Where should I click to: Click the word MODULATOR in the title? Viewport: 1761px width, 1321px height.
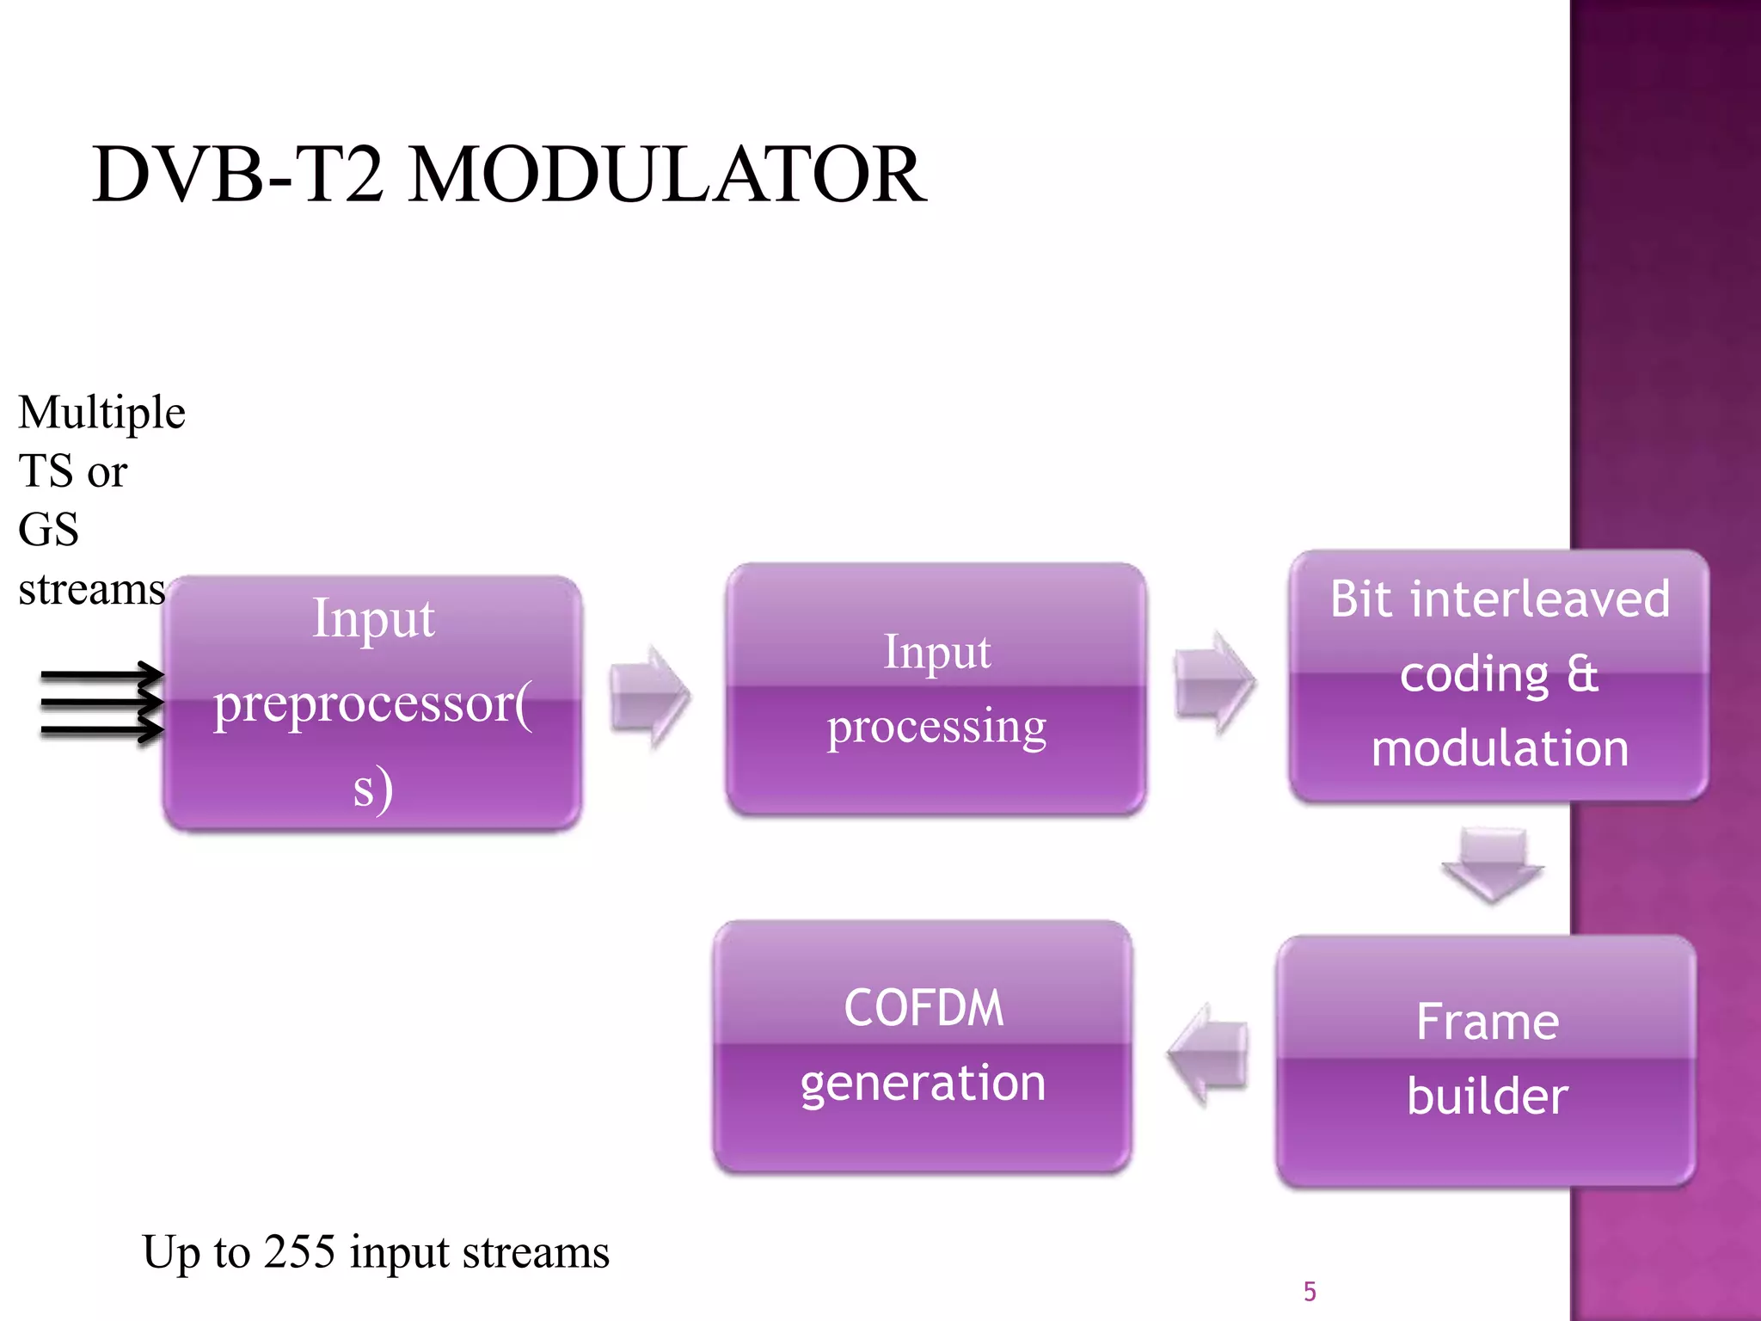click(x=666, y=175)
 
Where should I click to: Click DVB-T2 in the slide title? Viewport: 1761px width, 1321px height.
click(x=238, y=175)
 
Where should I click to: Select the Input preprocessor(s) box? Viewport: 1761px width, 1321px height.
click(x=372, y=704)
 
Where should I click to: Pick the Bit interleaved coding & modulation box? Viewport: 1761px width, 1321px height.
click(x=1499, y=675)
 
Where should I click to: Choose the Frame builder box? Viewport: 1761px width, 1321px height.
click(x=1487, y=1060)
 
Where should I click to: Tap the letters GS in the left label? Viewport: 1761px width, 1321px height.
click(x=48, y=530)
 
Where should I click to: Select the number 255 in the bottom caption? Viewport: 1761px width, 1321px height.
click(x=298, y=1251)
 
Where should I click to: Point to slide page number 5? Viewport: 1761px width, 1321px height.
click(x=1310, y=1292)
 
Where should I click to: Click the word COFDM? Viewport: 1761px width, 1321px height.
click(x=923, y=1008)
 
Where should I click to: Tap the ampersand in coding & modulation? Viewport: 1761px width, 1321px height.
click(x=1581, y=673)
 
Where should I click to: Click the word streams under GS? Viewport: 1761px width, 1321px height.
click(x=91, y=590)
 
